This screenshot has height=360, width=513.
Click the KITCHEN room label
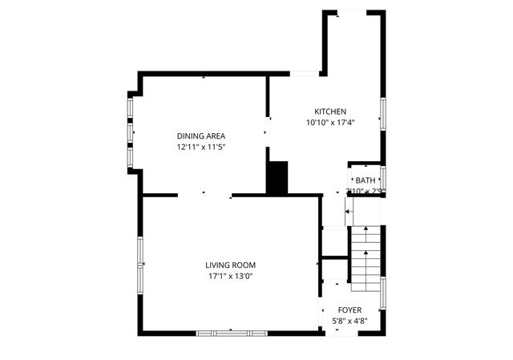329,111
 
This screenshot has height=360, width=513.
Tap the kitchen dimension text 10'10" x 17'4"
329,123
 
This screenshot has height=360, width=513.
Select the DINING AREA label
200,136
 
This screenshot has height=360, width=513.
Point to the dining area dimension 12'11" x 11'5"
200,147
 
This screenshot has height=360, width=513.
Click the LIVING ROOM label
230,265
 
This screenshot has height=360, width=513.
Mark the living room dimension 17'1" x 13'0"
230,276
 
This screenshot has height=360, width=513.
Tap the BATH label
366,180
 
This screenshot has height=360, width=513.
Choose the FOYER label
349,309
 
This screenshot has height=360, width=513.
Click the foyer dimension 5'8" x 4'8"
349,321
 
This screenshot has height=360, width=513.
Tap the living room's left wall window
140,264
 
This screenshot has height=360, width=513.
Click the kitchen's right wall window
383,112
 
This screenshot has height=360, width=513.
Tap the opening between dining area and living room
204,194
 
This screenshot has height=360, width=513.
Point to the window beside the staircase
383,293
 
